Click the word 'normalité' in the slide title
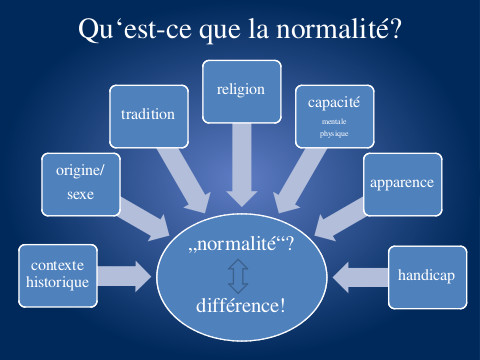coord(334,29)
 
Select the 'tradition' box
coord(147,114)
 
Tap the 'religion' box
coord(240,89)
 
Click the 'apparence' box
coord(401,184)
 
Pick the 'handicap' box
coord(427,274)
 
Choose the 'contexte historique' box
coord(58,274)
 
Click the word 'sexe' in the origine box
coord(80,194)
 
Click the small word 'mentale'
coord(334,120)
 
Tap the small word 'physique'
coord(334,131)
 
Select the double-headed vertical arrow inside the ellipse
coord(239,272)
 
